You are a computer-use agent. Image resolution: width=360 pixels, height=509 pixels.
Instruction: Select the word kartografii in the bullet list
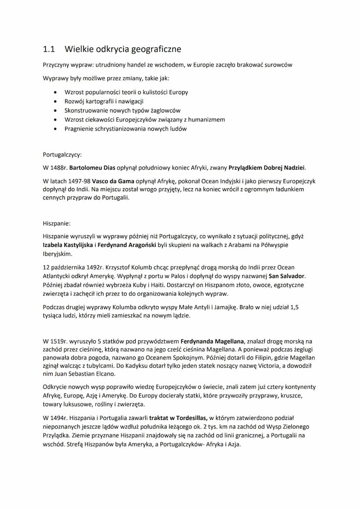coord(97,101)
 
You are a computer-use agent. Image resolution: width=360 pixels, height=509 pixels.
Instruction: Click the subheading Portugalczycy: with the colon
coord(62,154)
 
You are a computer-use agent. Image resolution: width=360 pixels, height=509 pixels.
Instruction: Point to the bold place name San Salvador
coord(287,276)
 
